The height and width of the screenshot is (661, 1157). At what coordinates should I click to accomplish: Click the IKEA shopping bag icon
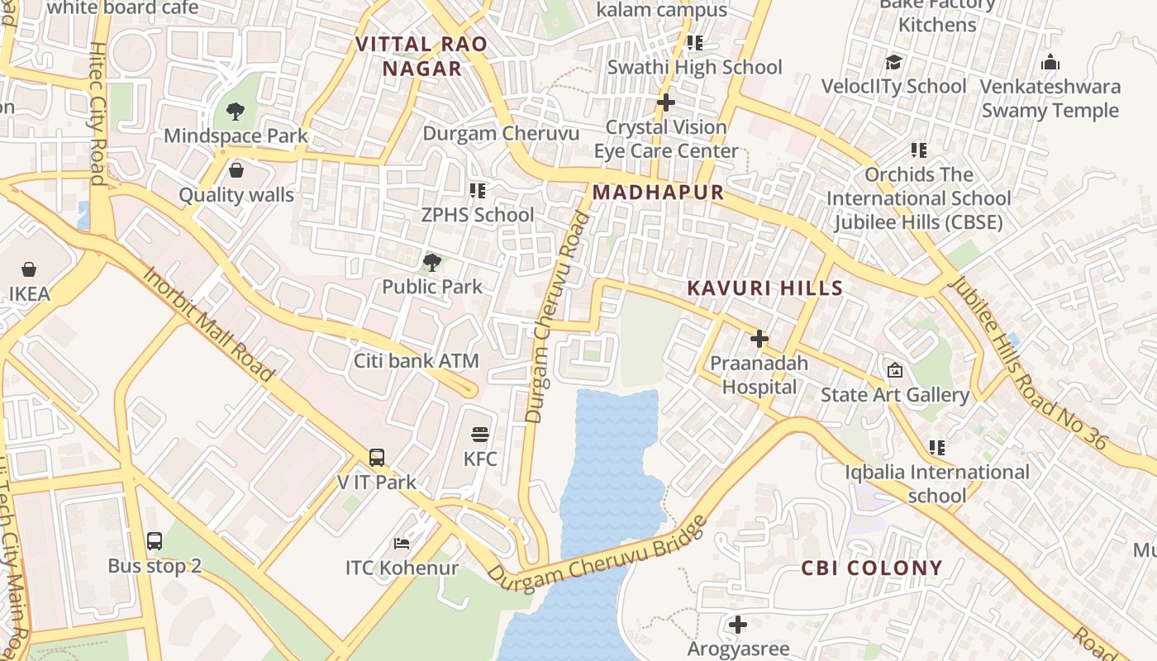coord(29,269)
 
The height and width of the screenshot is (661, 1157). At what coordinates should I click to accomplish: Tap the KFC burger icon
coord(480,435)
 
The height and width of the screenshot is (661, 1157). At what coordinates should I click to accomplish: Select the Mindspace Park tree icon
coord(236,111)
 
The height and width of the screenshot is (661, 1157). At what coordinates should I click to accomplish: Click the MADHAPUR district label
coord(658,193)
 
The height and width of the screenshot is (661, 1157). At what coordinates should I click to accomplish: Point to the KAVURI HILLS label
coord(765,288)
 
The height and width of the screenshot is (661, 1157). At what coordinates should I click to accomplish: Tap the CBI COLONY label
coord(872,568)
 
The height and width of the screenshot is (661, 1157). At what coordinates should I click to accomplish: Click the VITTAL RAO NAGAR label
coord(421,56)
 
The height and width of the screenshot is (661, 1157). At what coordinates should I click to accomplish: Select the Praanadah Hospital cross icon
coord(759,339)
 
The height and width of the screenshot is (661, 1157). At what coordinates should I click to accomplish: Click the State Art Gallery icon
coord(894,371)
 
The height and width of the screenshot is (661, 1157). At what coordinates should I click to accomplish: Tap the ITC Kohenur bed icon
coord(402,544)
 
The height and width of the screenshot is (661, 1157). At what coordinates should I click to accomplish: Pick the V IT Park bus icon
coord(377,458)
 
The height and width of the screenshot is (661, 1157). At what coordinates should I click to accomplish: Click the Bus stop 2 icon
coord(155,541)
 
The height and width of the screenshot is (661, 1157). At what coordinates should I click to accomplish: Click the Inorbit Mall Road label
coord(208,324)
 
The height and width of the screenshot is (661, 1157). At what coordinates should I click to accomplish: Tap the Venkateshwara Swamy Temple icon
coord(1050,62)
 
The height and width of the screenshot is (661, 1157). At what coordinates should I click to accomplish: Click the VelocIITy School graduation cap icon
coord(893,62)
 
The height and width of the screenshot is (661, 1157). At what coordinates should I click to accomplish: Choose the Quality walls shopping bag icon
coord(236,170)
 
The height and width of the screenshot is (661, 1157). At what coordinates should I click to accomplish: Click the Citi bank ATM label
coord(417,361)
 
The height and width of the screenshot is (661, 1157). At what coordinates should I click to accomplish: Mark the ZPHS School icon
coord(478,191)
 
